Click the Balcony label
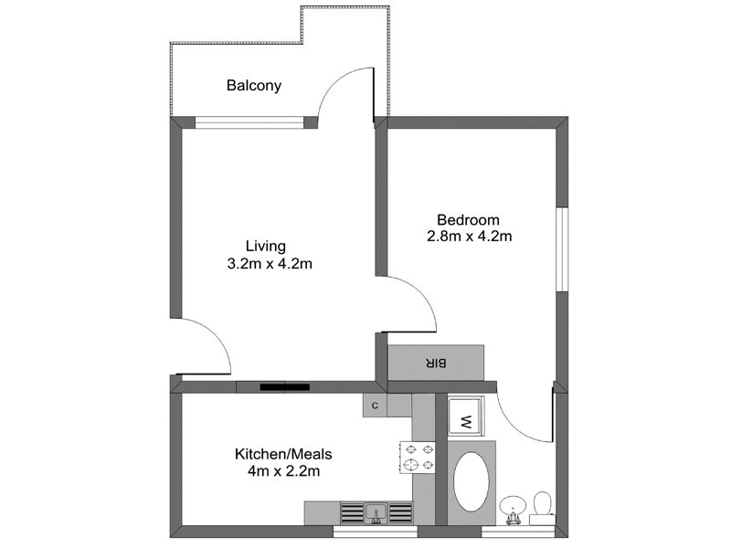point(254,87)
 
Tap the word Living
point(266,246)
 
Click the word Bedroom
point(468,219)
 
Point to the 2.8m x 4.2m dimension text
point(468,237)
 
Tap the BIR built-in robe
point(436,363)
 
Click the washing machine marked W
point(465,420)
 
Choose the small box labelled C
point(375,406)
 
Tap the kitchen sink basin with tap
point(374,512)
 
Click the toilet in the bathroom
point(542,505)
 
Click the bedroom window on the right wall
point(563,248)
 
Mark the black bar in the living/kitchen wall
point(287,387)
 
